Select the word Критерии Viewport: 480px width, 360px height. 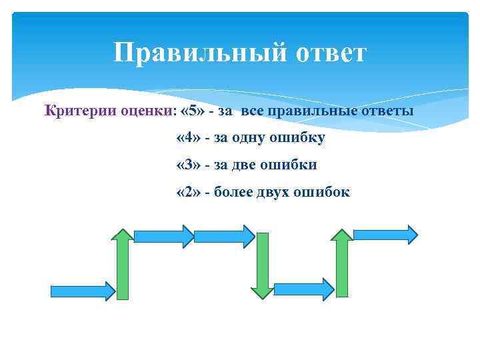coord(73,110)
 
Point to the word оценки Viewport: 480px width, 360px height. coord(141,110)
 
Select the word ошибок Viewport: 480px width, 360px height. coord(324,192)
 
